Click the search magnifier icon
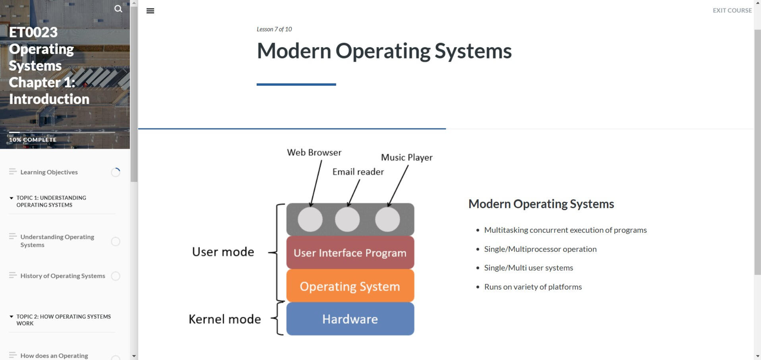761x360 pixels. tap(118, 9)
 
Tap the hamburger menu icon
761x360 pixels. tap(150, 11)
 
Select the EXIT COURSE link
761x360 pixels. tap(732, 10)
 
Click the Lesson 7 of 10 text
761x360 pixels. tap(274, 29)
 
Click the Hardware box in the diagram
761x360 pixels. tap(350, 319)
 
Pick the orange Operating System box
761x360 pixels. tap(350, 286)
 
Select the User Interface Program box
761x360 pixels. tap(350, 253)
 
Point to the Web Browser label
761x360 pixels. tap(314, 153)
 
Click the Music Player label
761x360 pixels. tap(407, 157)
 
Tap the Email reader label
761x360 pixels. tap(358, 172)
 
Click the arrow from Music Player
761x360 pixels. tap(398, 186)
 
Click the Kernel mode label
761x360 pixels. tap(225, 319)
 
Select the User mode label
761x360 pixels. tap(223, 252)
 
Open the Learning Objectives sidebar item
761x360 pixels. tap(49, 172)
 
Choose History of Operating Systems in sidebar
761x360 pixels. tap(63, 276)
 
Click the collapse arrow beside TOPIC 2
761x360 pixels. tap(12, 317)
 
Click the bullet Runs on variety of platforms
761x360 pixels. tap(533, 287)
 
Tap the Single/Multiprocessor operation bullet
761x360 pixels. tap(540, 249)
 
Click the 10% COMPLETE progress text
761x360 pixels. tap(33, 140)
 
